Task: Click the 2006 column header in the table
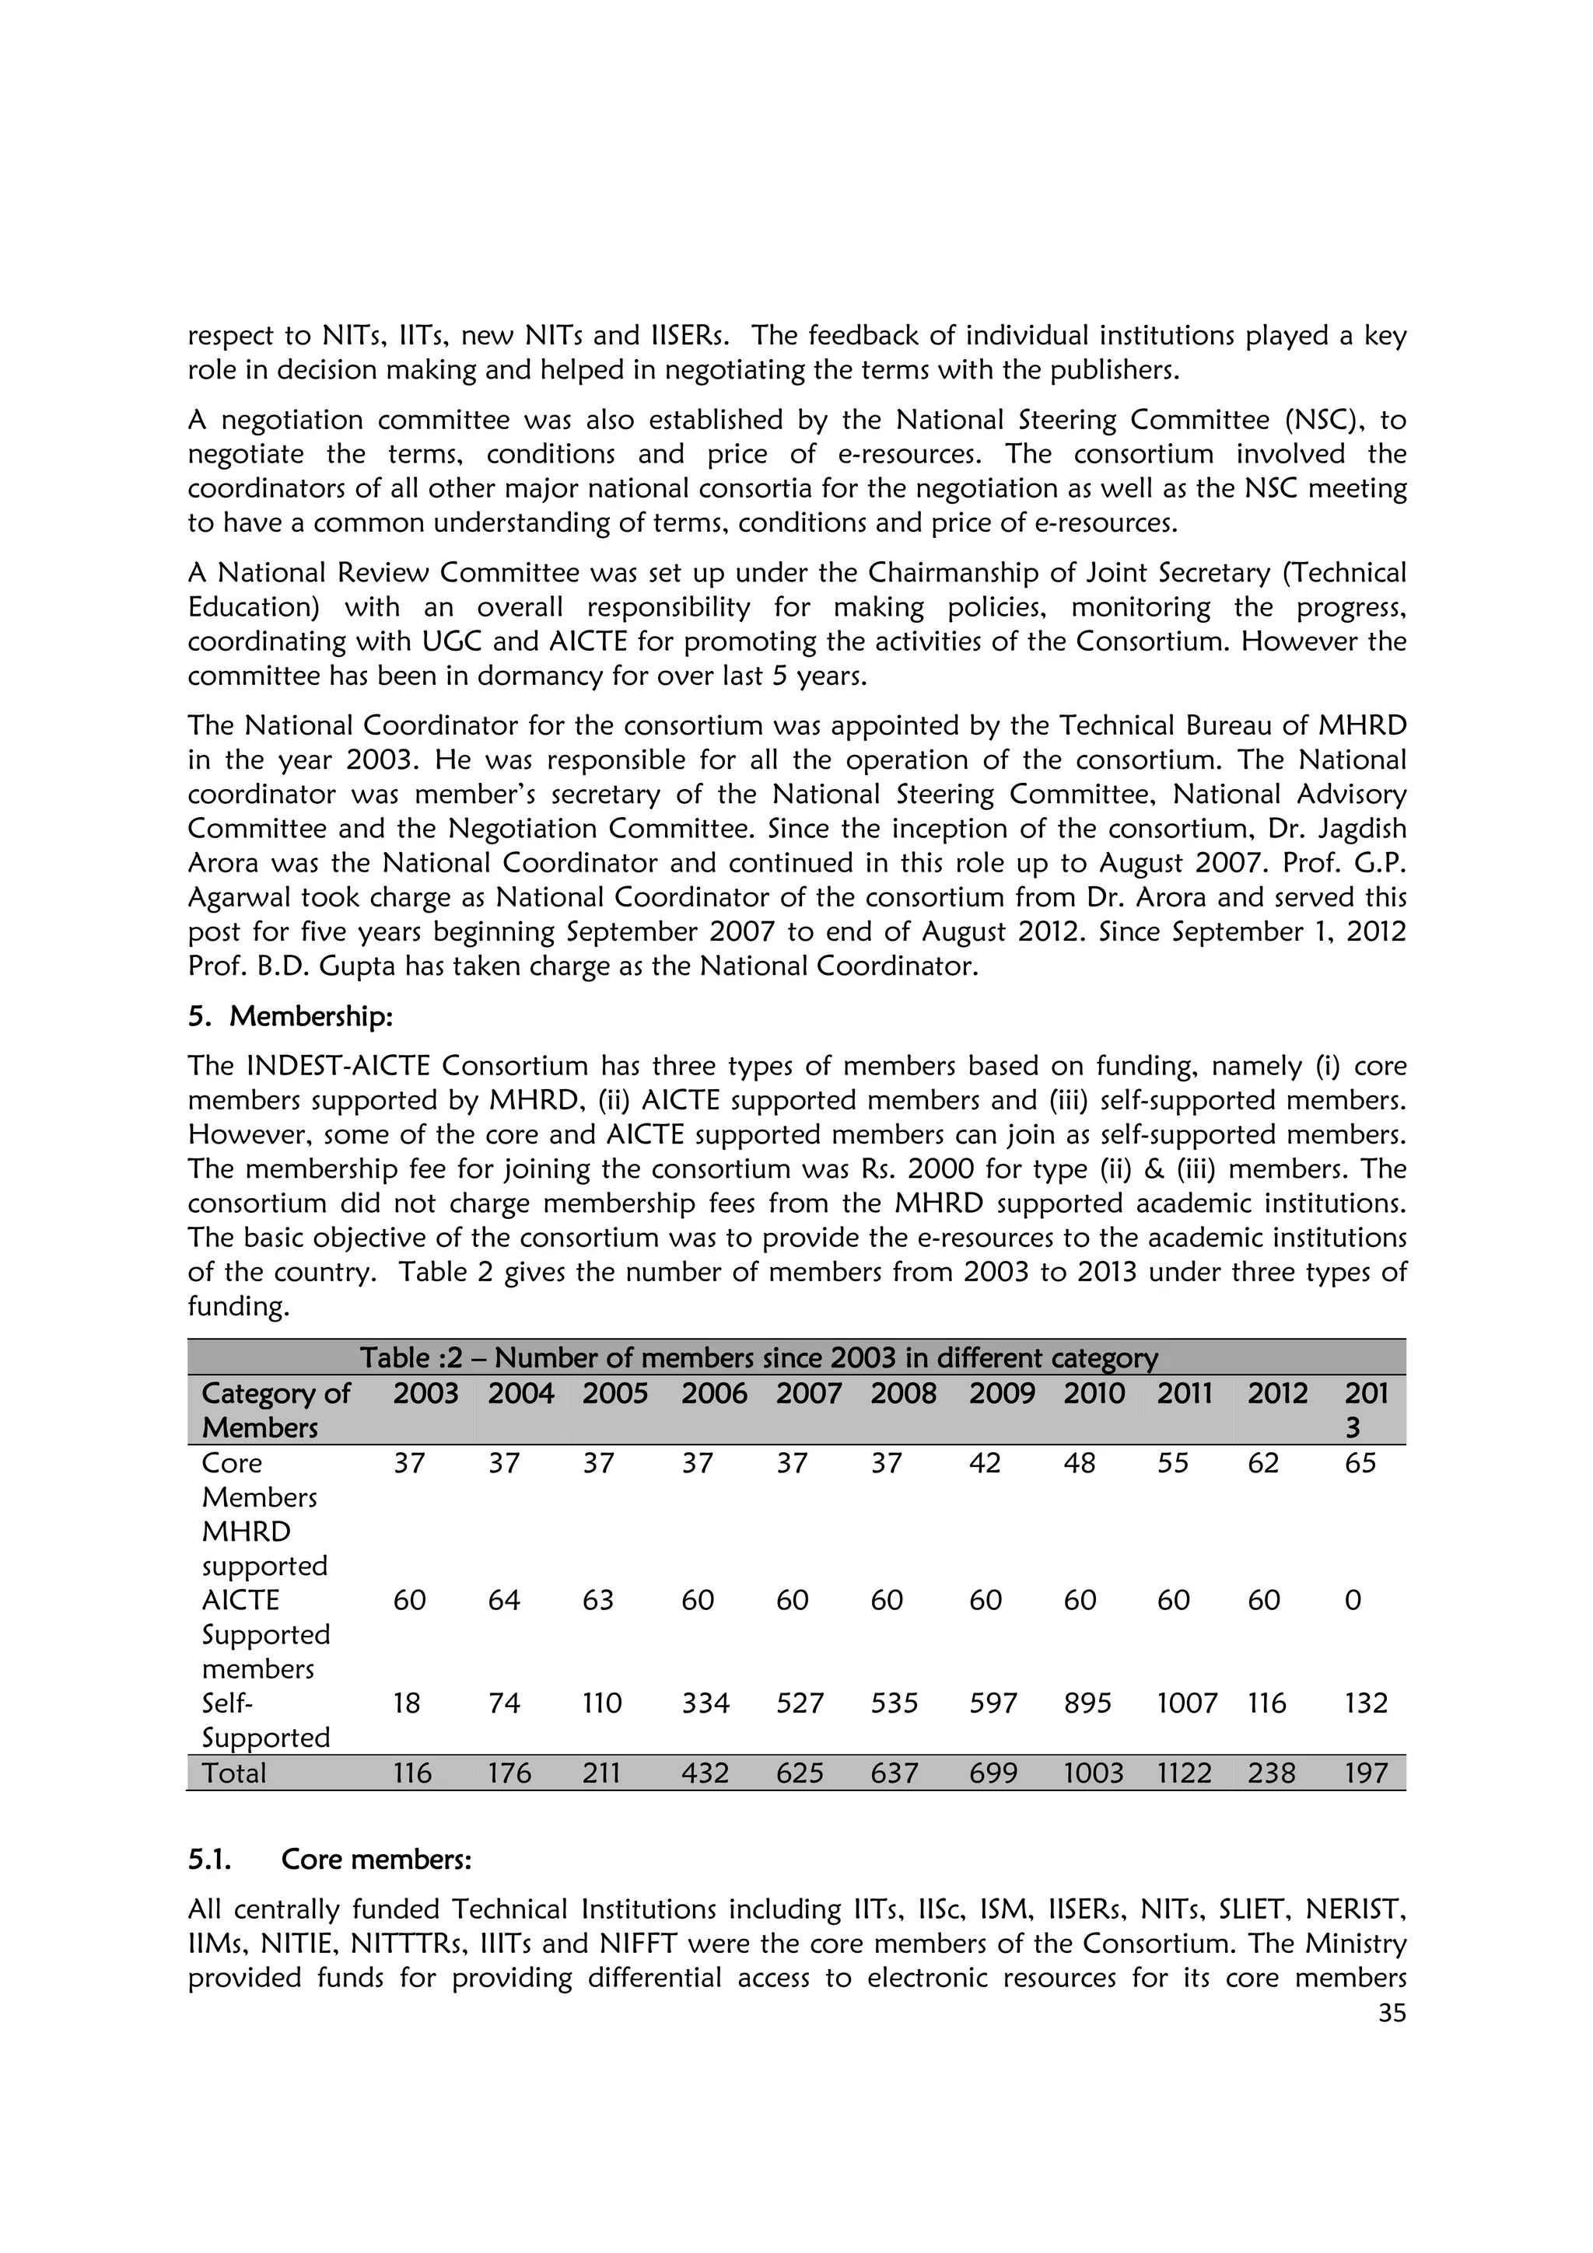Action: (713, 1393)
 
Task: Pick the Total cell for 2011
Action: (1184, 1773)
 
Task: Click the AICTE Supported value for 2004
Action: (505, 1601)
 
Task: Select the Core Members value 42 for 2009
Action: (985, 1463)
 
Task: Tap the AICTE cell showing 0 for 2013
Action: (1353, 1601)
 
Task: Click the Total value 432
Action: (705, 1773)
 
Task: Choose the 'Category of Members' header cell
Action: (275, 1410)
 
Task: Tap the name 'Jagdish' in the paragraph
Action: (1357, 830)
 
